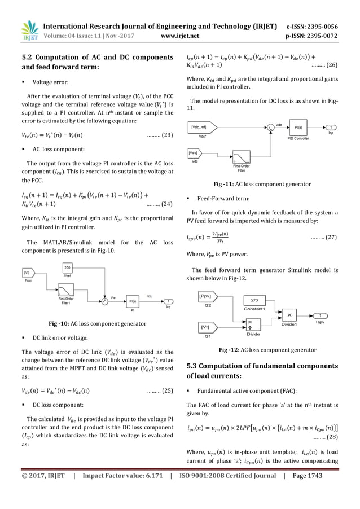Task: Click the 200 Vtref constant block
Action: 68,269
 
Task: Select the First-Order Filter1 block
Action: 68,288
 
